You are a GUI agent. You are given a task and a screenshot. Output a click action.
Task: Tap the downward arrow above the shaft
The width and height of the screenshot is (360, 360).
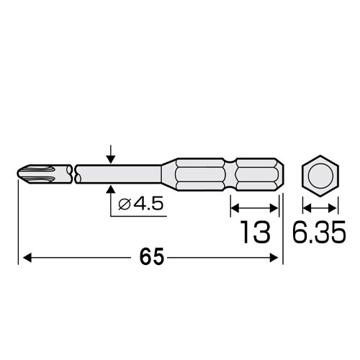point(110,153)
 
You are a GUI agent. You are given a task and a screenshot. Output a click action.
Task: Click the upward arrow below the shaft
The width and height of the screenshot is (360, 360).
point(110,192)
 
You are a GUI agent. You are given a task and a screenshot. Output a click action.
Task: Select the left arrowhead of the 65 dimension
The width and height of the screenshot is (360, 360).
point(29,257)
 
